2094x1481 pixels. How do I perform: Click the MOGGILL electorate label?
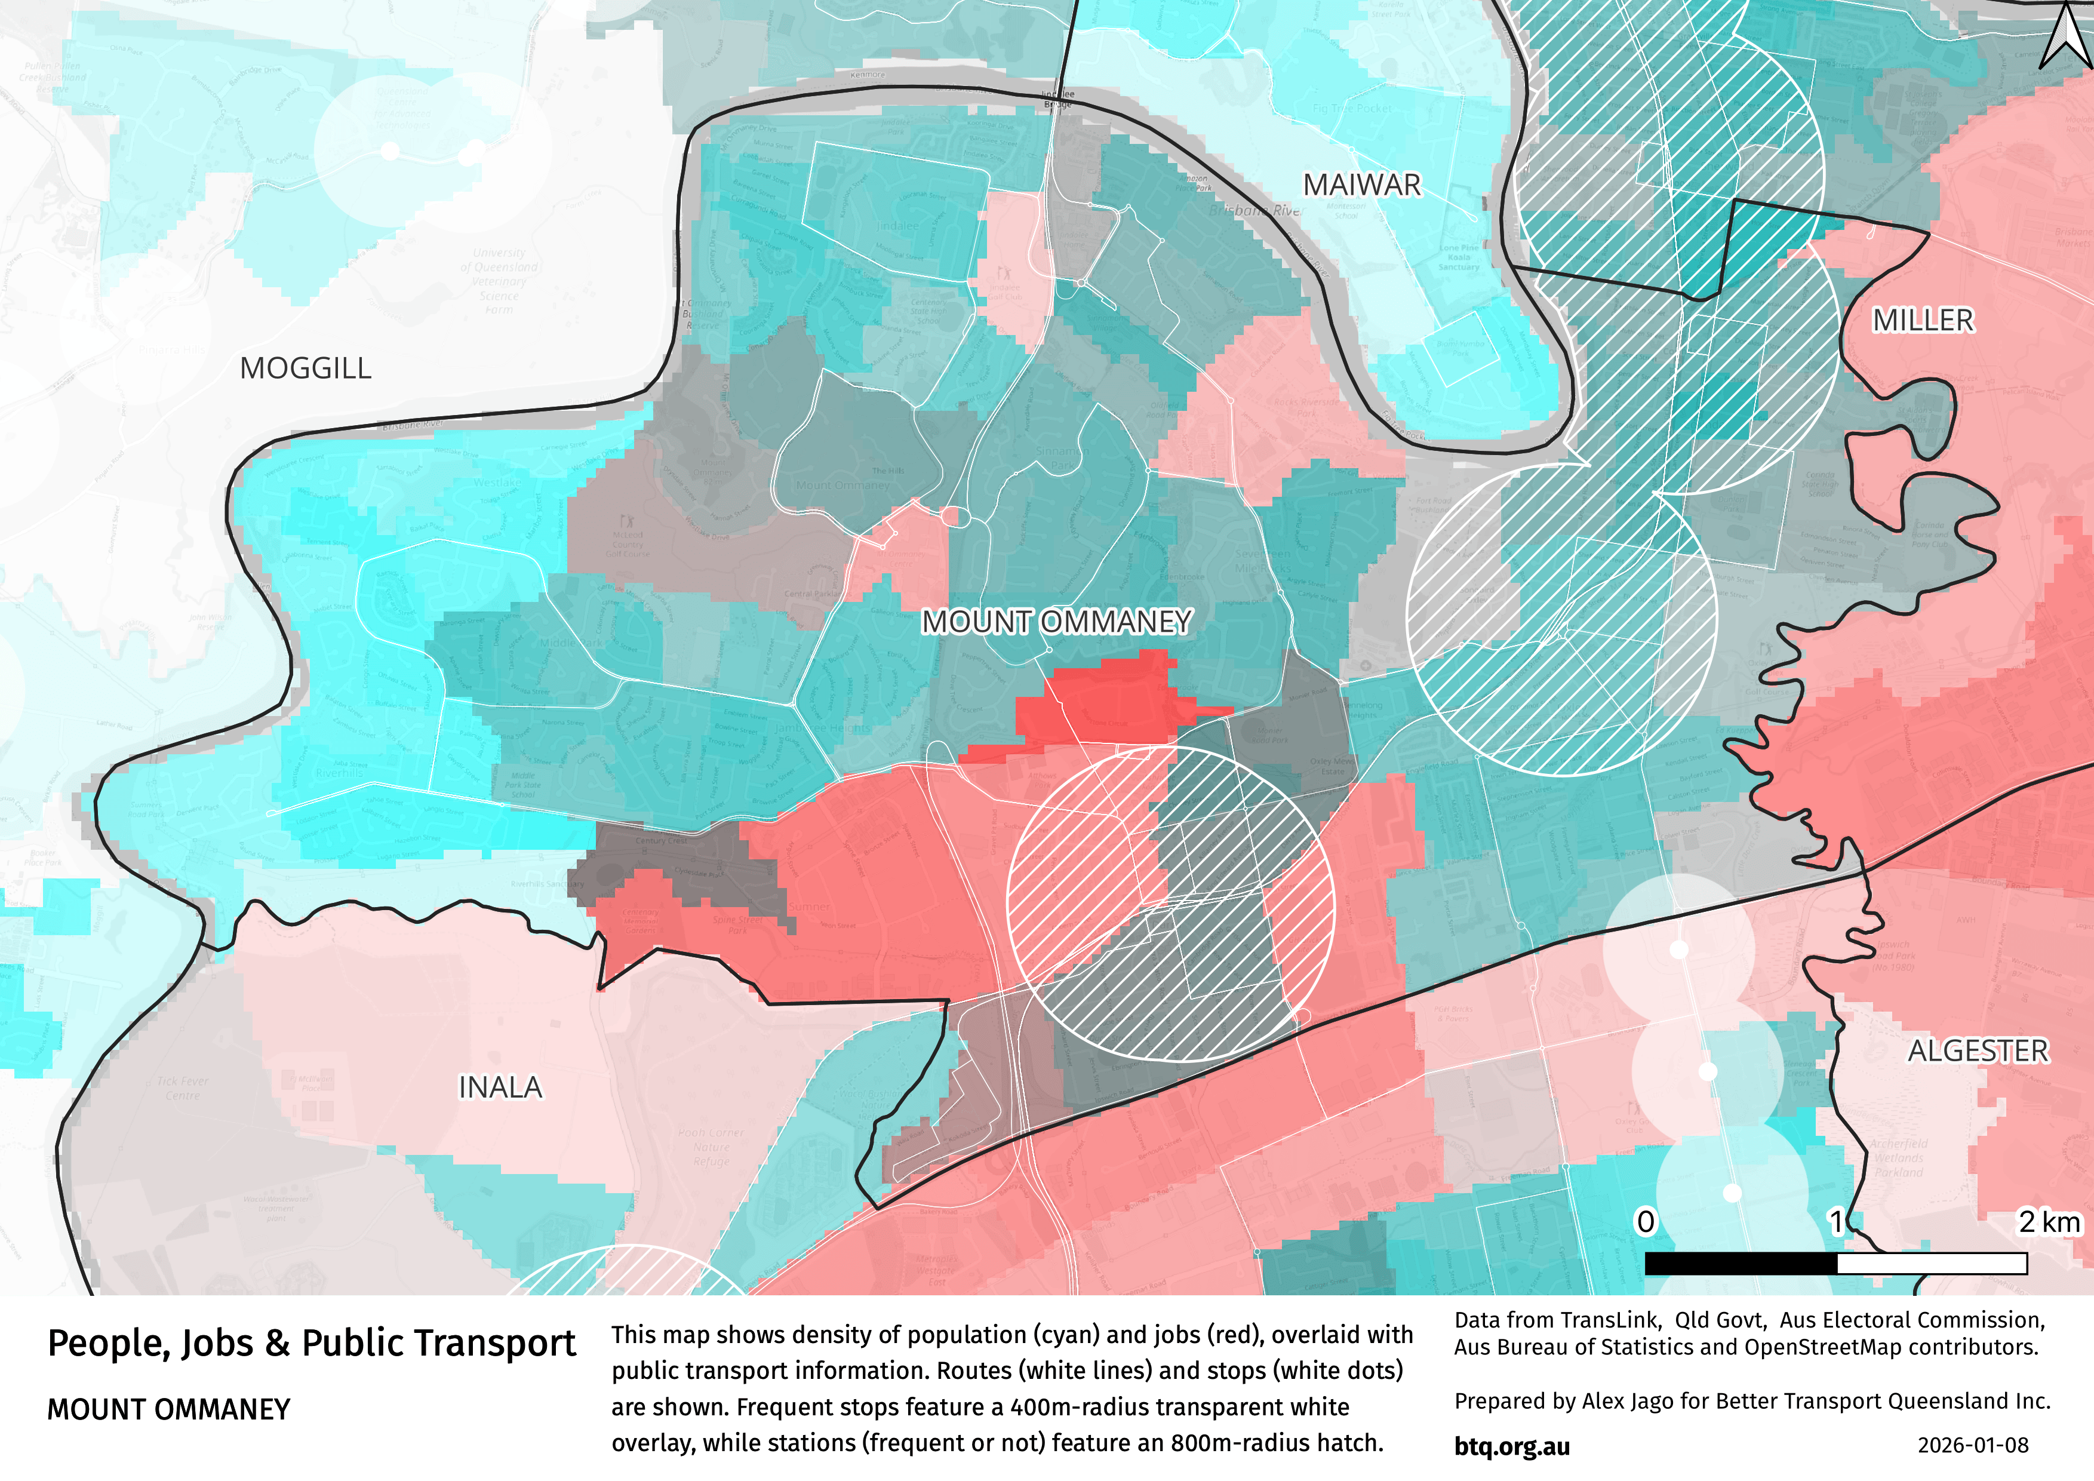pos(306,368)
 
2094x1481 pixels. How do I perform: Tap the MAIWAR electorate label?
pos(1361,185)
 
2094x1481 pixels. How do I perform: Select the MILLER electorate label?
pos(1923,321)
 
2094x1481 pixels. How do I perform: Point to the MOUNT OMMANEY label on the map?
pos(1056,622)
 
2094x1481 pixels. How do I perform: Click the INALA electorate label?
pos(500,1088)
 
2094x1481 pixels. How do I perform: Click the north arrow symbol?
pos(2065,36)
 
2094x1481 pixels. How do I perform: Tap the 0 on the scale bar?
pos(1646,1222)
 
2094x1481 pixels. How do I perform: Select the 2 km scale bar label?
pos(2049,1222)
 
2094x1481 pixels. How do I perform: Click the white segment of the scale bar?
pos(1932,1263)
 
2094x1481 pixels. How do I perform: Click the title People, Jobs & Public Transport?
pos(311,1344)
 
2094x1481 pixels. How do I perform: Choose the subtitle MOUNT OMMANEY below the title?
pos(169,1410)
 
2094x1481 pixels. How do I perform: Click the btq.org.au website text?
pos(1512,1447)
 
